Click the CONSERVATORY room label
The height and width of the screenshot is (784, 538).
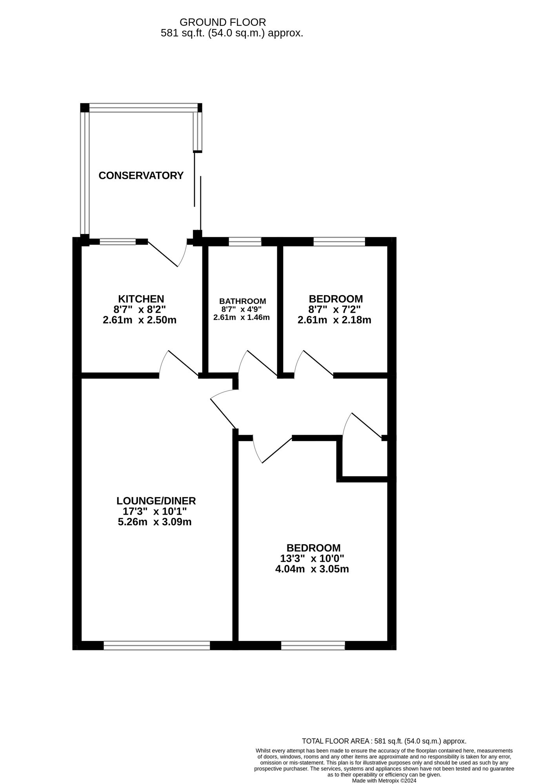pyautogui.click(x=141, y=176)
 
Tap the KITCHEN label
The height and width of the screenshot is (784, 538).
pyautogui.click(x=141, y=299)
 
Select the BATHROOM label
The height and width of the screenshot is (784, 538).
pyautogui.click(x=242, y=301)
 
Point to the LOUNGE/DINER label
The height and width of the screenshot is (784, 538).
pyautogui.click(x=156, y=501)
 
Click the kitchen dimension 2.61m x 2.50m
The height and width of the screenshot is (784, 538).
pyautogui.click(x=140, y=320)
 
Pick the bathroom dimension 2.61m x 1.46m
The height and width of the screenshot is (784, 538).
pyautogui.click(x=242, y=318)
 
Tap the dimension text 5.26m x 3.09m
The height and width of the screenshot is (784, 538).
pyautogui.click(x=154, y=522)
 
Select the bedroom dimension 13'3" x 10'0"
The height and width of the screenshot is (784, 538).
pyautogui.click(x=312, y=558)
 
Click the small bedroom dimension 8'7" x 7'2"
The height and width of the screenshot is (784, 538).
pyautogui.click(x=334, y=309)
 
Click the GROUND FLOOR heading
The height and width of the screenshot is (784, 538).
pyautogui.click(x=223, y=22)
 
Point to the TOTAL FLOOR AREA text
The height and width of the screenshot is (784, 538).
pyautogui.click(x=384, y=741)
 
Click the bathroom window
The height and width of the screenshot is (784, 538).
pyautogui.click(x=245, y=241)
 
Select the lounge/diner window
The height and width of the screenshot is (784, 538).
pyautogui.click(x=157, y=645)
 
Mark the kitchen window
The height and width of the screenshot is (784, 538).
pyautogui.click(x=118, y=242)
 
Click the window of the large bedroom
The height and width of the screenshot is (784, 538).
pyautogui.click(x=313, y=645)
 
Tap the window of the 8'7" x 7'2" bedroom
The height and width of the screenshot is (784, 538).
pyautogui.click(x=339, y=241)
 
